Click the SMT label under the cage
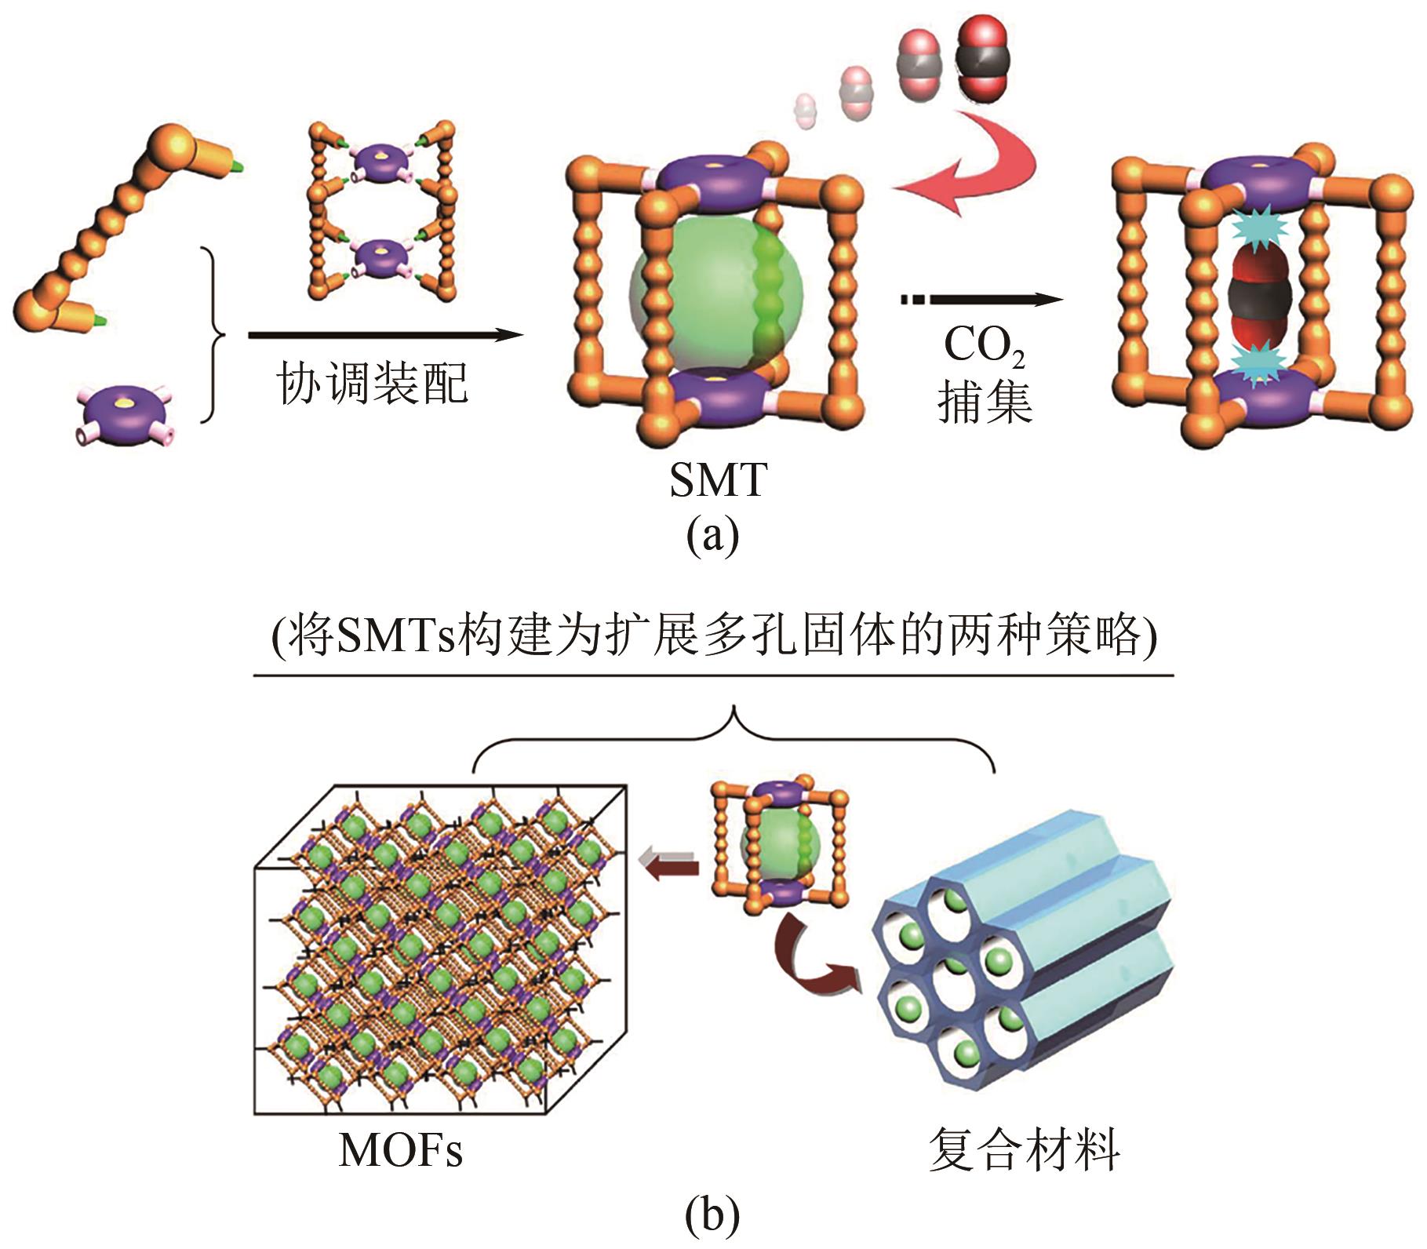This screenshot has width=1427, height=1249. (x=717, y=480)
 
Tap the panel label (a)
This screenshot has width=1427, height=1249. (x=712, y=537)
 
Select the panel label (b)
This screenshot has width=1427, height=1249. (x=712, y=1215)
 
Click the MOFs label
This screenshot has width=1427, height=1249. (x=400, y=1149)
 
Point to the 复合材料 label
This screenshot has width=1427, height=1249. (x=1024, y=1149)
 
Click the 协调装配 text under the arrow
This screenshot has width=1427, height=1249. (x=372, y=384)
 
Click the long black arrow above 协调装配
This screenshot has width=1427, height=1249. (x=384, y=335)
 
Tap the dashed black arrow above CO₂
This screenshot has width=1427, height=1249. (x=981, y=299)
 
